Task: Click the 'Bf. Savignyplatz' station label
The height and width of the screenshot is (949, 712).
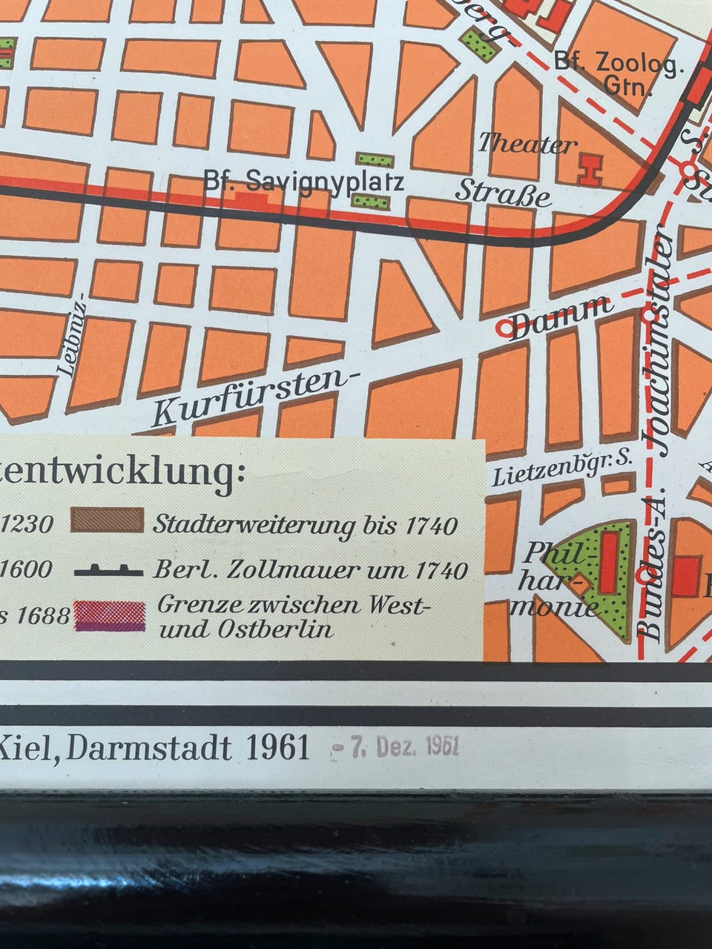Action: coord(304,182)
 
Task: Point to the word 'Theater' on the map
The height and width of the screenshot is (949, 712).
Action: coord(527,143)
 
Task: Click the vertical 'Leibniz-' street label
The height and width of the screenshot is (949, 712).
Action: coord(78,335)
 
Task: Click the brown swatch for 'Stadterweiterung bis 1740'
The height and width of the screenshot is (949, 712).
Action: coord(108,520)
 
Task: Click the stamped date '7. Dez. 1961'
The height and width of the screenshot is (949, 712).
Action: coord(396,746)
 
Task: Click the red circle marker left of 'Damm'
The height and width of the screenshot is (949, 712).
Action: coord(504,327)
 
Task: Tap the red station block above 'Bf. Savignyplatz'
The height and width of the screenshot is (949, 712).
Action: coord(250,200)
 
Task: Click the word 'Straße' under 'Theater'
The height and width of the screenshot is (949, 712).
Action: coord(504,194)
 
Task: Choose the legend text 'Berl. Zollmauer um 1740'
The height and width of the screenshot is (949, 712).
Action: coord(310,570)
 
